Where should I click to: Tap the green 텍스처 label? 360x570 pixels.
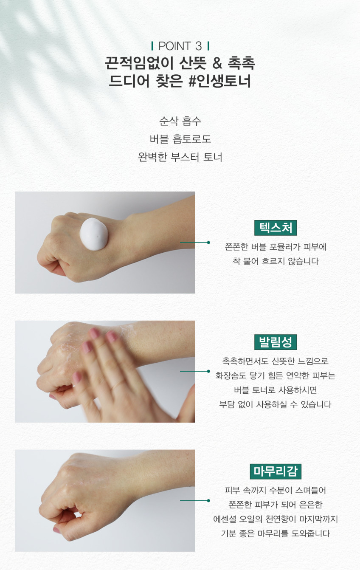276,228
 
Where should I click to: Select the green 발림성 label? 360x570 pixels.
276,342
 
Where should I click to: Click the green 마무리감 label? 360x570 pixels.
276,471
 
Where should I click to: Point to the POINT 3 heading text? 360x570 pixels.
180,46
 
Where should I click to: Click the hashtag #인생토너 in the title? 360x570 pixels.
220,81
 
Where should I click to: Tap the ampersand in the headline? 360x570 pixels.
217,63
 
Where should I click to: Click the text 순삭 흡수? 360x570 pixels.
180,121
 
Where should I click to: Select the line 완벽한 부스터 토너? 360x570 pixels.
180,157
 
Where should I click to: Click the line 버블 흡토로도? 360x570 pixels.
180,139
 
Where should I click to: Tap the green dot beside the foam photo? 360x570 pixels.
208,243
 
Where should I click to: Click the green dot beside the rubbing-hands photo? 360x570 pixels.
208,371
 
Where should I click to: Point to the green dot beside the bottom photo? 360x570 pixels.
208,500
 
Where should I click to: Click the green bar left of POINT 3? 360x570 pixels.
152,46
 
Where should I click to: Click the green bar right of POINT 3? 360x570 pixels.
208,46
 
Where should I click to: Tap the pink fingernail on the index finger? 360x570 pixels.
95,333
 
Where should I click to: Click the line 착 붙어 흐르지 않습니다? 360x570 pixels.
276,261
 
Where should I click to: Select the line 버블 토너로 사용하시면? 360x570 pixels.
276,390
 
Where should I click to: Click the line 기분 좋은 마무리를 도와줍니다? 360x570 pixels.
276,533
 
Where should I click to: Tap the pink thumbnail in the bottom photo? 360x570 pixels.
56,530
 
